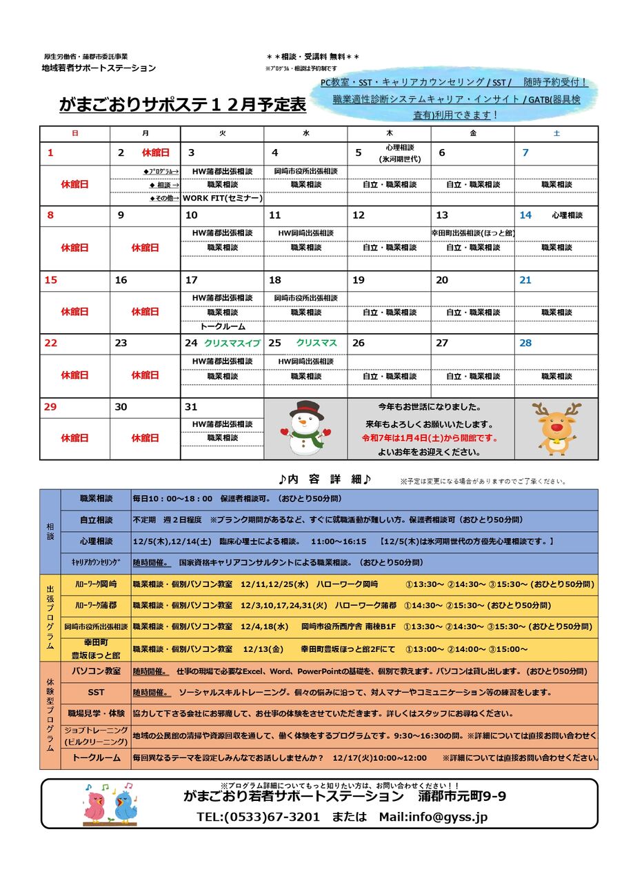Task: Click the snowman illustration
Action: [x=305, y=428]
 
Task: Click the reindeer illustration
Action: [x=556, y=428]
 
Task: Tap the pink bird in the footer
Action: [x=95, y=803]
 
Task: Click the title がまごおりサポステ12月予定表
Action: [x=182, y=105]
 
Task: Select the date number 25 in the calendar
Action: [x=274, y=343]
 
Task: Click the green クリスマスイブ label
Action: [x=232, y=343]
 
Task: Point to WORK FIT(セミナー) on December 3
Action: [x=222, y=198]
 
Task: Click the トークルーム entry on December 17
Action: [x=222, y=326]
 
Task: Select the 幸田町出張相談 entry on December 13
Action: [x=473, y=233]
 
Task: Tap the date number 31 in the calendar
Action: [x=191, y=407]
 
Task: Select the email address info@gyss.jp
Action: [x=449, y=817]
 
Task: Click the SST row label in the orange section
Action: [x=97, y=692]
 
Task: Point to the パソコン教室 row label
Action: [x=97, y=671]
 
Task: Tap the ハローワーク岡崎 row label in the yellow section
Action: [x=96, y=584]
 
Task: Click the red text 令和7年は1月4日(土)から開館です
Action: [x=430, y=438]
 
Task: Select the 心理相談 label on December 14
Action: [x=567, y=215]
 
